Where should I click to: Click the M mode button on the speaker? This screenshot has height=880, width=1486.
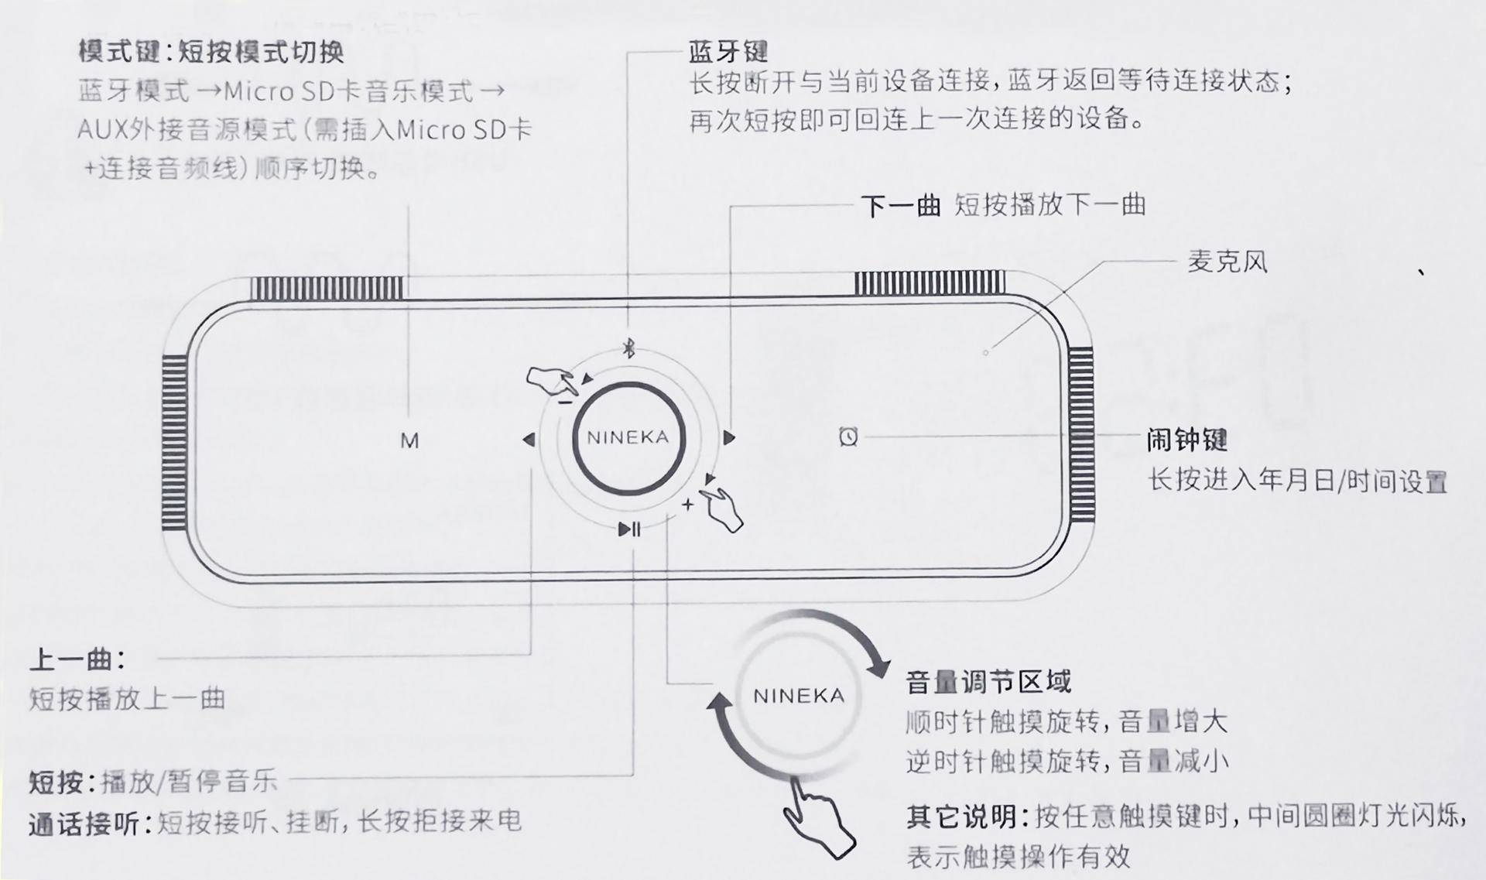pyautogui.click(x=409, y=441)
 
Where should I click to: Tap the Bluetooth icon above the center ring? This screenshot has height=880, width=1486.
pyautogui.click(x=629, y=349)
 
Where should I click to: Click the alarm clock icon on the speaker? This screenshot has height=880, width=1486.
pyautogui.click(x=848, y=437)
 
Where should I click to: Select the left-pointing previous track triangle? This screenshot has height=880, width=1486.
pyautogui.click(x=529, y=440)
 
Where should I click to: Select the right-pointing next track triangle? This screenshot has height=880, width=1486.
pyautogui.click(x=728, y=438)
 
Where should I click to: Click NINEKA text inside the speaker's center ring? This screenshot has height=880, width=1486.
pyautogui.click(x=628, y=438)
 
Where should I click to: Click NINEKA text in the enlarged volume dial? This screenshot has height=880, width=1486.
pyautogui.click(x=799, y=696)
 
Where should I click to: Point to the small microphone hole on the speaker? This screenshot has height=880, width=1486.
pyautogui.click(x=985, y=353)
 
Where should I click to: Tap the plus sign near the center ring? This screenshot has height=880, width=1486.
pyautogui.click(x=687, y=505)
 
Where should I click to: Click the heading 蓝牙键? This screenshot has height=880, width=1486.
pyautogui.click(x=728, y=52)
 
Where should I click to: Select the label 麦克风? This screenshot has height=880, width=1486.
pyautogui.click(x=1227, y=262)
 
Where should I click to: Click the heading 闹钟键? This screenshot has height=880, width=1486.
pyautogui.click(x=1187, y=440)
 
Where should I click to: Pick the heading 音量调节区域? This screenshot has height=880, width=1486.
pyautogui.click(x=988, y=682)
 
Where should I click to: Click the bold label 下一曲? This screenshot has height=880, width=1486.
pyautogui.click(x=900, y=206)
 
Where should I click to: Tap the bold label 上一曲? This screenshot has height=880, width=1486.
pyautogui.click(x=75, y=660)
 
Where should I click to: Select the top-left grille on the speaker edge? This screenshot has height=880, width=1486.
pyautogui.click(x=327, y=288)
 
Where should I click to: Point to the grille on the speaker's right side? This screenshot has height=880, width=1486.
pyautogui.click(x=1081, y=437)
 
